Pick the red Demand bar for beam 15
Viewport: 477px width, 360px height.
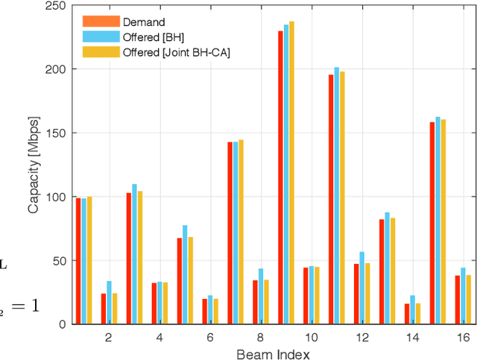432,223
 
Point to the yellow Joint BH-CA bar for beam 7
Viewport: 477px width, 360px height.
241,232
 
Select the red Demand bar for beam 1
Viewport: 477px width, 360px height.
78,261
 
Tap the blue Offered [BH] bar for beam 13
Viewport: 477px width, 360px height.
387,268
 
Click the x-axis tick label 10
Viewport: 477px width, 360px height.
311,338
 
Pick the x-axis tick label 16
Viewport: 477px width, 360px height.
463,338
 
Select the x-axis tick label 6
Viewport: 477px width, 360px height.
210,338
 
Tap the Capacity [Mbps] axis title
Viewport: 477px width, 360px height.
34,165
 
